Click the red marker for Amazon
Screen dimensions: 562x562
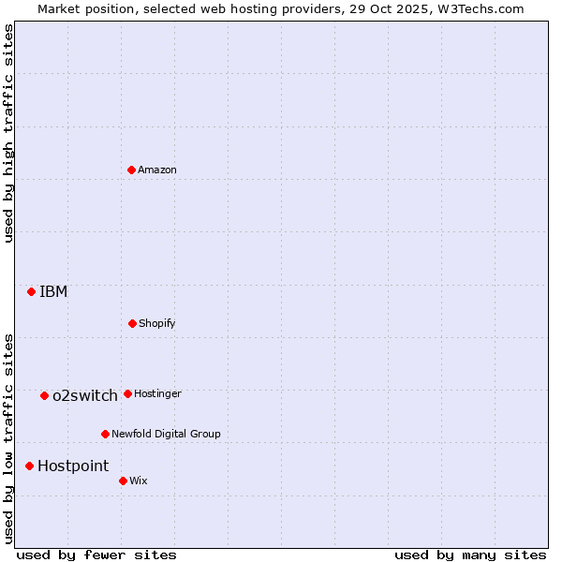(x=131, y=170)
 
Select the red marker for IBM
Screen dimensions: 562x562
(x=31, y=291)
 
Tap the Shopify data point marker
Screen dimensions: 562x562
(x=132, y=323)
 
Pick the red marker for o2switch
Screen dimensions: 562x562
(x=44, y=395)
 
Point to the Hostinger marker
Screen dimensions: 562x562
(x=127, y=393)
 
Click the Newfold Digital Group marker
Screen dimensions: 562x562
(x=105, y=434)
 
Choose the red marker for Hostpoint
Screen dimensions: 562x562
(x=29, y=466)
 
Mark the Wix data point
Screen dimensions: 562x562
(x=123, y=481)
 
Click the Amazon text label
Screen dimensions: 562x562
(x=157, y=170)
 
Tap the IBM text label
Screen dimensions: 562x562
(x=53, y=291)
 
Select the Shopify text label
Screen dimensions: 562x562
(x=157, y=323)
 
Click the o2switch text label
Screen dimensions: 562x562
(x=85, y=395)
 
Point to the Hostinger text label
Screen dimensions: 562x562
(x=157, y=393)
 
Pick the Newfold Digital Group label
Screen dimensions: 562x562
(x=166, y=434)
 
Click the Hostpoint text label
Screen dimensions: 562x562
(x=73, y=466)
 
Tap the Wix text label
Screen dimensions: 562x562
(x=139, y=481)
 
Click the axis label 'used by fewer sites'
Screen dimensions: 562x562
(x=96, y=555)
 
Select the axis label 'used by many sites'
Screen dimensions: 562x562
(x=470, y=555)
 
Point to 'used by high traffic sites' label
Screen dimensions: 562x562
(x=8, y=133)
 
